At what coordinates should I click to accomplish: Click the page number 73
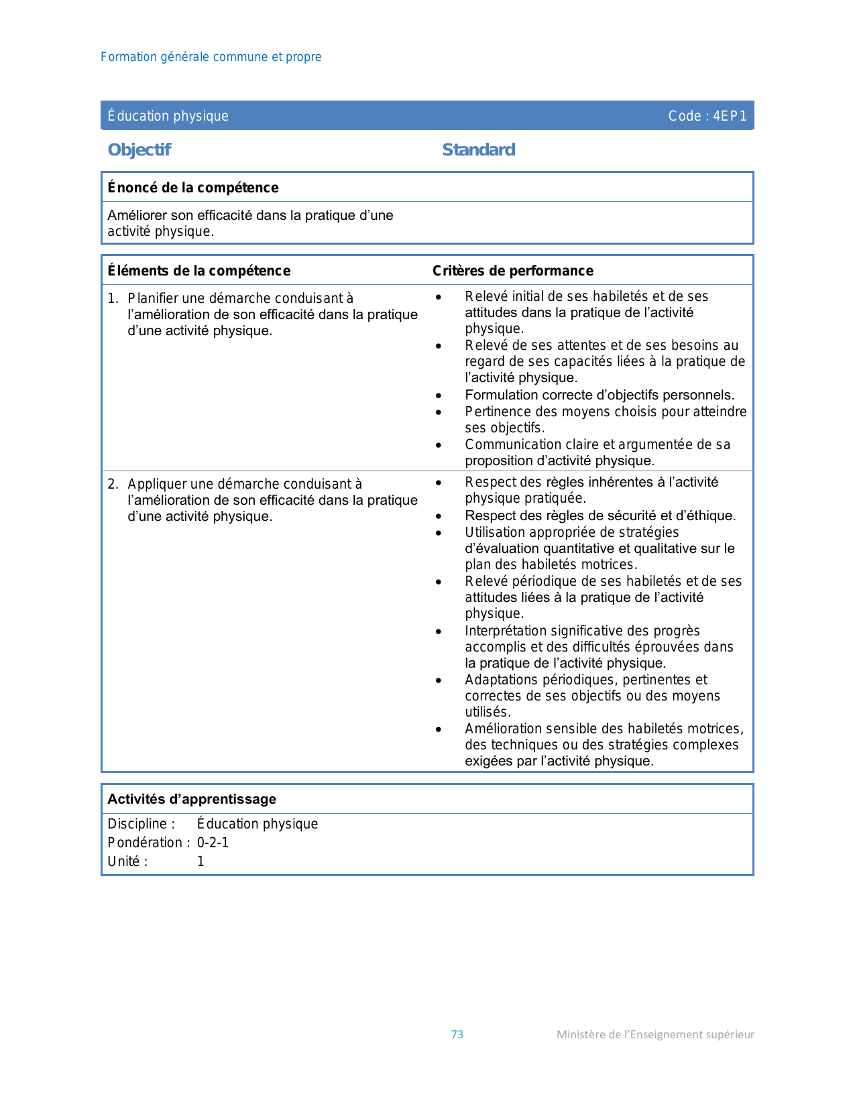pyautogui.click(x=457, y=1034)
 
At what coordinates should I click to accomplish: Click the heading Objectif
pyautogui.click(x=139, y=149)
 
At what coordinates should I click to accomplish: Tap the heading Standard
pyautogui.click(x=479, y=149)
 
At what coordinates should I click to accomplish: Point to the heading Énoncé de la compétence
pyautogui.click(x=193, y=188)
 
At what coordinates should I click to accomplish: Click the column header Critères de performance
pyautogui.click(x=513, y=271)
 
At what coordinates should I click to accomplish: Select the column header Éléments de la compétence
pyautogui.click(x=199, y=271)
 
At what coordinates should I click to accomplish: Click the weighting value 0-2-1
pyautogui.click(x=213, y=843)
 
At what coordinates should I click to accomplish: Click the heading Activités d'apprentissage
pyautogui.click(x=192, y=799)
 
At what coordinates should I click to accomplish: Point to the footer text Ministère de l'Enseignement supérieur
pyautogui.click(x=655, y=1034)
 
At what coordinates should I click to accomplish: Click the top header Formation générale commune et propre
pyautogui.click(x=211, y=57)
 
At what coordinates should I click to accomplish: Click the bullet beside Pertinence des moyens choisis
pyautogui.click(x=439, y=412)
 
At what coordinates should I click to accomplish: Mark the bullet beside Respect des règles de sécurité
pyautogui.click(x=439, y=516)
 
